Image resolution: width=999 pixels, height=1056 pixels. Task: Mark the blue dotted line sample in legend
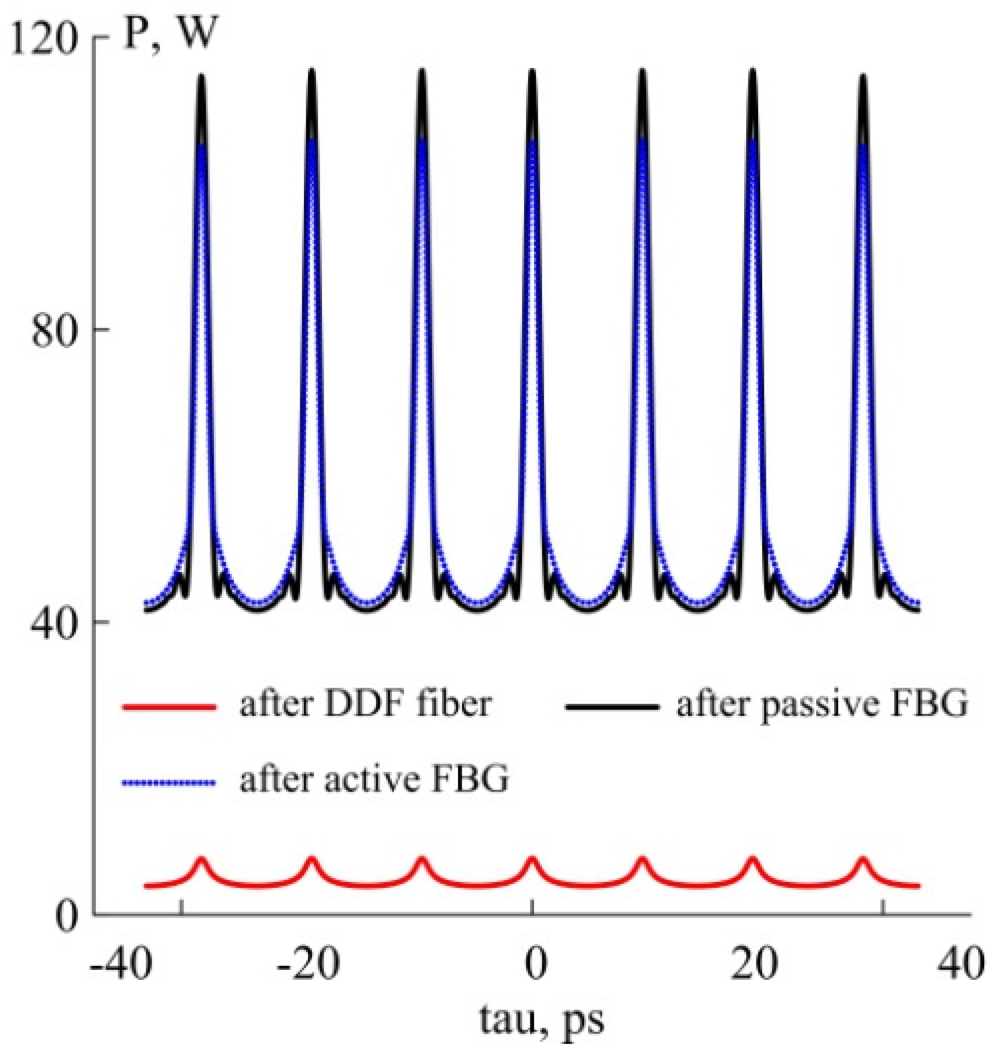169,782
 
